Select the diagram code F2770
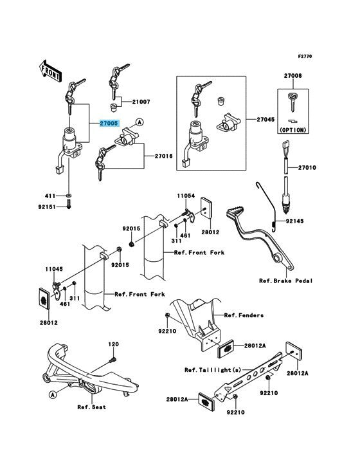point(304,57)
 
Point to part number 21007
point(141,103)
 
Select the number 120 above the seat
point(113,344)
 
